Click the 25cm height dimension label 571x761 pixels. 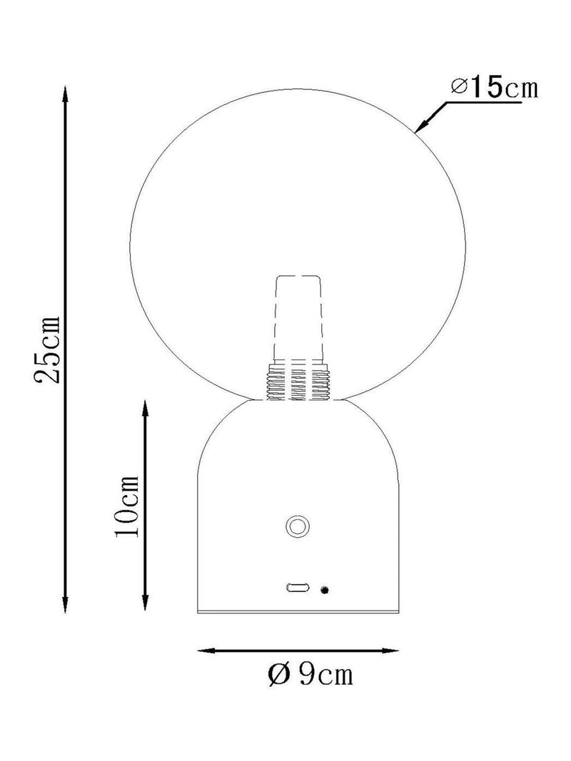pyautogui.click(x=47, y=349)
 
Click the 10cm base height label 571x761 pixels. pyautogui.click(x=126, y=506)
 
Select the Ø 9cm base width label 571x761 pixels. pyautogui.click(x=310, y=674)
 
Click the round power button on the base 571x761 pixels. pyautogui.click(x=297, y=526)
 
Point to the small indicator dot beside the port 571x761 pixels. pyautogui.click(x=324, y=590)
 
